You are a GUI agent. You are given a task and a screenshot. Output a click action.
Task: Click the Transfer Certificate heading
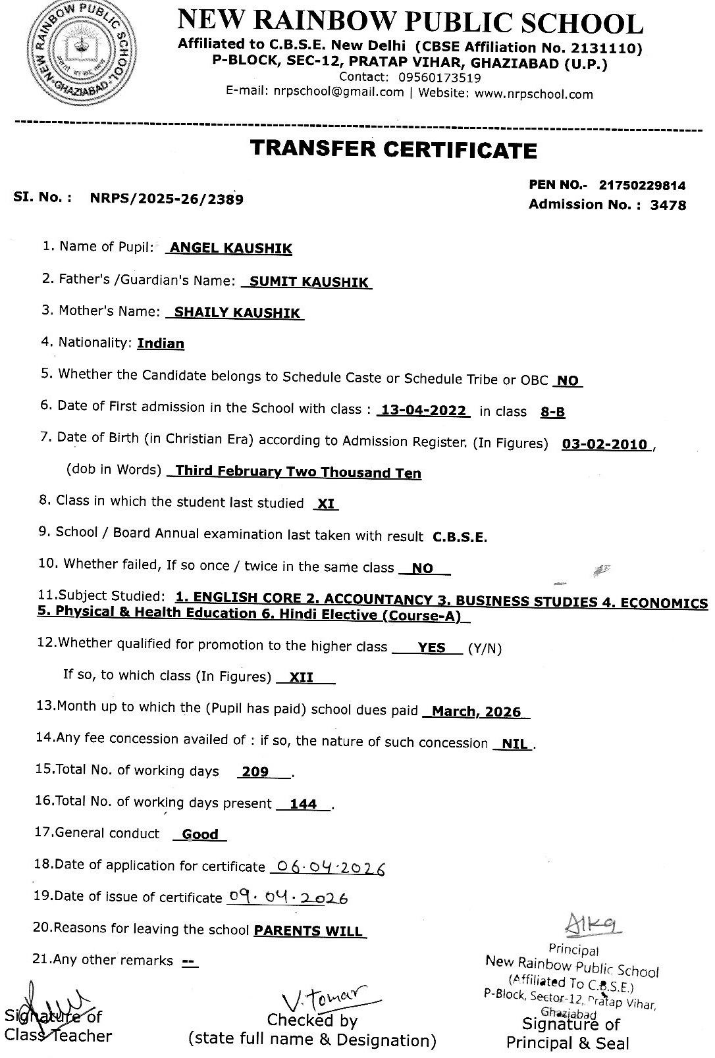[x=393, y=150]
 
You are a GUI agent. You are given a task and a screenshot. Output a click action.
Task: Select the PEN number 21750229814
[x=642, y=186]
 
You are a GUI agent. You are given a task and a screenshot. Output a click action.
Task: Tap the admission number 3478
[x=668, y=205]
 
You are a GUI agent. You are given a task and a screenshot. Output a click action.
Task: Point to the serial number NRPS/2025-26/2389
[x=167, y=199]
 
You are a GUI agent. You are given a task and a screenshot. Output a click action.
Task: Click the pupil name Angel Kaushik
[x=230, y=249]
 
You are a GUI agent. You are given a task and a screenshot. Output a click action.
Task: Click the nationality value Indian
[x=161, y=343]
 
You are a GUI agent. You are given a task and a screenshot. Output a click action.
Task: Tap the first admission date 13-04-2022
[x=424, y=411]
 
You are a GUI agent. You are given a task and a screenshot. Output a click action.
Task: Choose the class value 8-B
[x=552, y=413]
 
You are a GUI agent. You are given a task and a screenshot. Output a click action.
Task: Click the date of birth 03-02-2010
[x=604, y=445]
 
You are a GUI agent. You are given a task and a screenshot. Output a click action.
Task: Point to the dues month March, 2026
[x=476, y=712]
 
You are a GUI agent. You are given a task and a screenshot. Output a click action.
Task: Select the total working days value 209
[x=255, y=772]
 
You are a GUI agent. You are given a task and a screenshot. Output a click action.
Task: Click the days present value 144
[x=303, y=804]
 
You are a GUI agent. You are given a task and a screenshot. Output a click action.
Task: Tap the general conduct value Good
[x=200, y=834]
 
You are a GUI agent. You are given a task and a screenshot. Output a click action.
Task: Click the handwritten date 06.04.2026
[x=328, y=868]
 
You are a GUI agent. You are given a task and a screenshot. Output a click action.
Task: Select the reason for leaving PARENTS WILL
[x=308, y=931]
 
